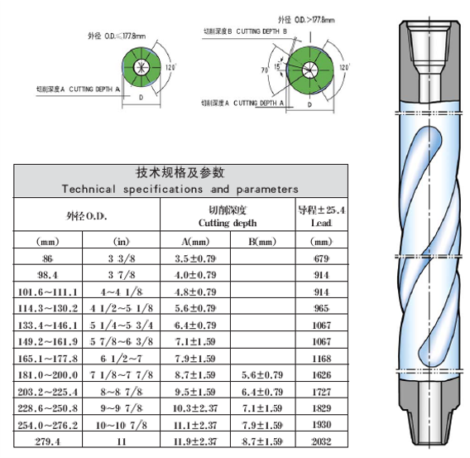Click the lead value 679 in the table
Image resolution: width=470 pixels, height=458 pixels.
pos(321,258)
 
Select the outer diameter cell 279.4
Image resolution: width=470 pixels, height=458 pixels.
pos(48,441)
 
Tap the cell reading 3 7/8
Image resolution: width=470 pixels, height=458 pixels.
pos(122,275)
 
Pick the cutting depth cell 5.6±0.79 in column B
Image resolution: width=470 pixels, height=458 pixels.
pos(262,375)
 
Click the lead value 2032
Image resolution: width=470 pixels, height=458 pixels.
pos(321,441)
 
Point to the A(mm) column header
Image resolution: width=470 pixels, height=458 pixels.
pos(195,242)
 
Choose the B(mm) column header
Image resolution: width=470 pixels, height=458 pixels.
pos(262,242)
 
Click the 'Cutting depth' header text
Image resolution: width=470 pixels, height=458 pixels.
pos(228,223)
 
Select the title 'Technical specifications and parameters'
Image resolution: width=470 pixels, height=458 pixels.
pos(180,190)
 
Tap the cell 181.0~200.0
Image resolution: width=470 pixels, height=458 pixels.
pos(48,375)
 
